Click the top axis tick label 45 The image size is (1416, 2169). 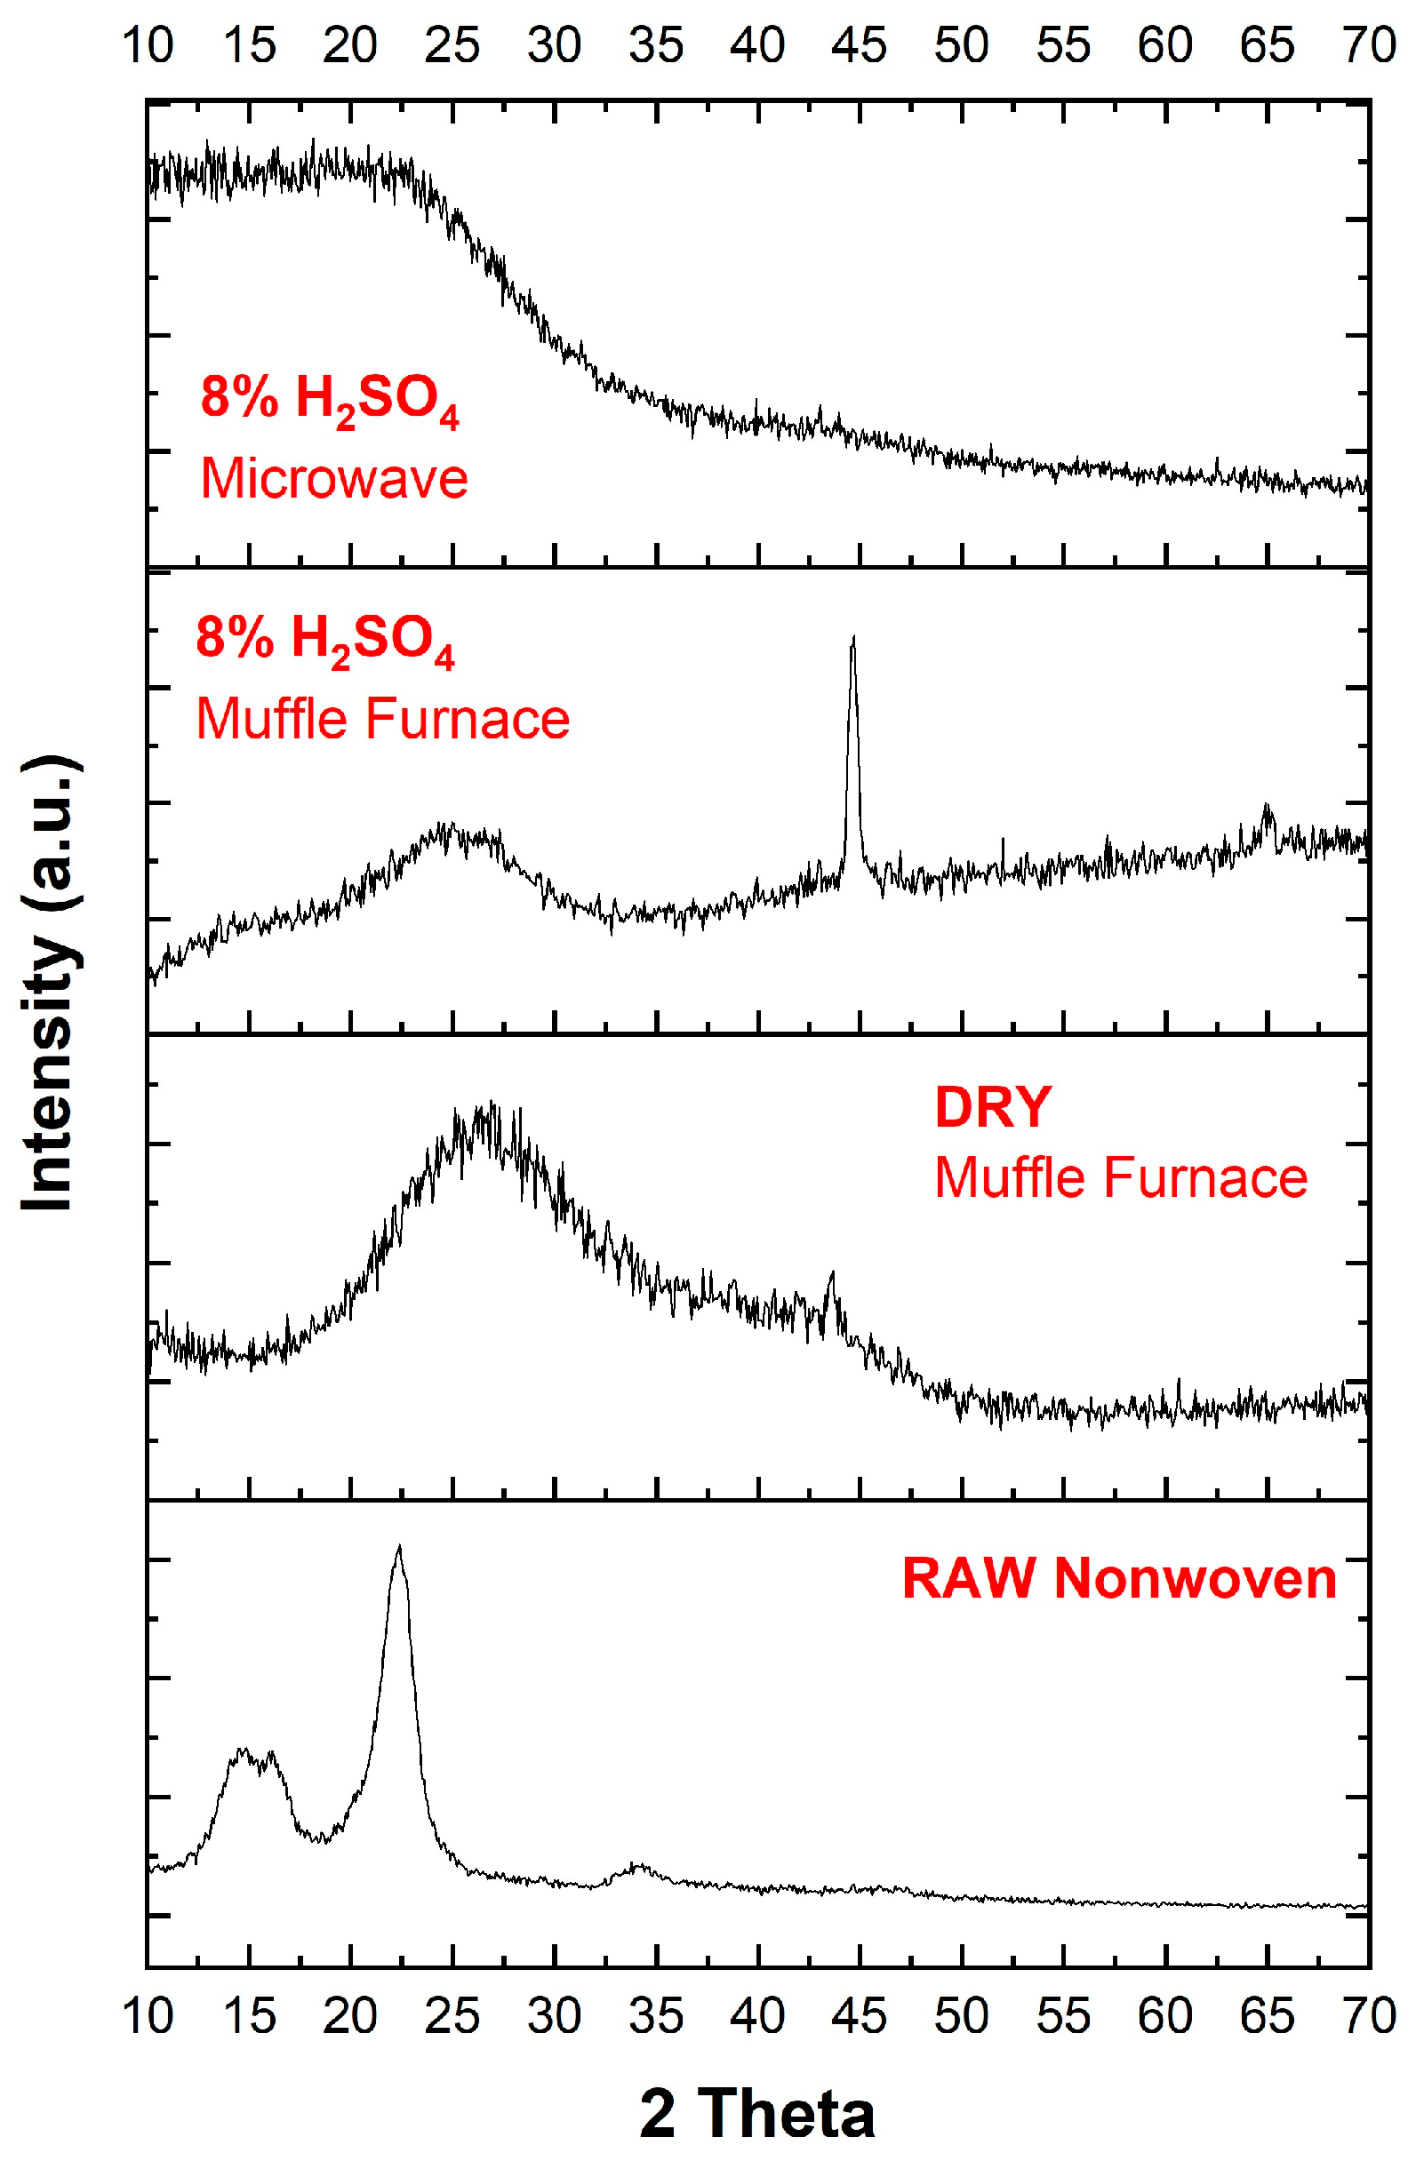click(x=858, y=44)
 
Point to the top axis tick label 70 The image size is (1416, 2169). click(x=1369, y=44)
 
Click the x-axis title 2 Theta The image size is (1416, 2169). click(x=756, y=2113)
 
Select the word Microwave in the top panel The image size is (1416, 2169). click(x=333, y=478)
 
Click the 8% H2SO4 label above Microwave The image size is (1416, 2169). click(x=329, y=399)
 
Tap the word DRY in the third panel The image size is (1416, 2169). click(x=993, y=1107)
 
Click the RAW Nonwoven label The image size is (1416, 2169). click(x=1119, y=1576)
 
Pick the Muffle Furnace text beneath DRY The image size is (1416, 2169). click(x=1121, y=1177)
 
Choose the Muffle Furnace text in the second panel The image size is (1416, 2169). click(x=383, y=719)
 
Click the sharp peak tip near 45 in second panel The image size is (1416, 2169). click(x=852, y=638)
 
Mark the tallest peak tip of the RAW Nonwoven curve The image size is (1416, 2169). click(x=398, y=1548)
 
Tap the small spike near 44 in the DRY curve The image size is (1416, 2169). click(x=830, y=1273)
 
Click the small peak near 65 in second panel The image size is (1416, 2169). click(x=1266, y=807)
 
